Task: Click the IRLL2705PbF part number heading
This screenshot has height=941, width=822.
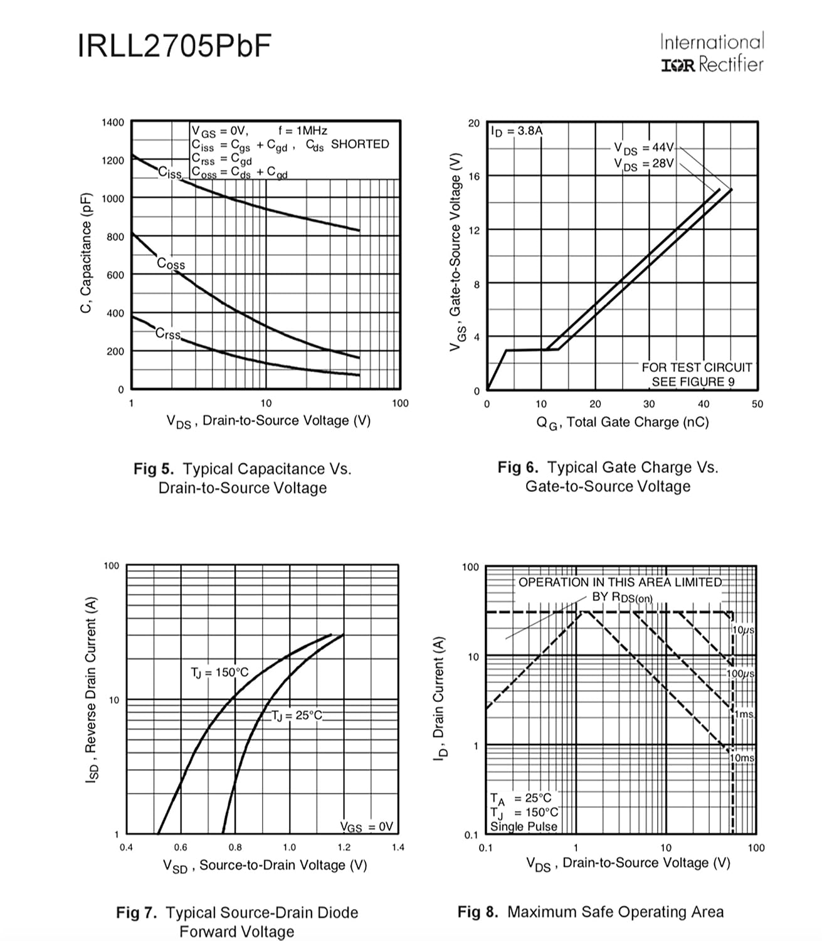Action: pos(175,46)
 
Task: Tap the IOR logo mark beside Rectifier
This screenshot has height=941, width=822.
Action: pos(678,65)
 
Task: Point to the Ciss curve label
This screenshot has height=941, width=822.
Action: pos(170,173)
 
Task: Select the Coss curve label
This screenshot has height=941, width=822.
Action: pos(171,263)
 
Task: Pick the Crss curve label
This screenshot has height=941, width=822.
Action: pos(168,334)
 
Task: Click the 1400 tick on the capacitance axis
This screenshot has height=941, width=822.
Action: pos(113,122)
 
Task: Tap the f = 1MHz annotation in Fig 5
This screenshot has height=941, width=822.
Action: pos(303,130)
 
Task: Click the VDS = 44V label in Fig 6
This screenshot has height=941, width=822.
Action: pos(644,148)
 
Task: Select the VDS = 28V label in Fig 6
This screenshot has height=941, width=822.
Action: pos(644,164)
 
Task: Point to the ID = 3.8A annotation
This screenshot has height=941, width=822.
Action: pos(517,132)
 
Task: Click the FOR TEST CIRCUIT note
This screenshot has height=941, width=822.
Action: pos(697,368)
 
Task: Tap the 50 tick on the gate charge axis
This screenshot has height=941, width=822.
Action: pos(757,404)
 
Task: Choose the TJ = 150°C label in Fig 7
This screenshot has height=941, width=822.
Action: pos(219,673)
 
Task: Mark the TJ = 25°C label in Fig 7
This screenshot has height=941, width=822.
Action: pos(297,716)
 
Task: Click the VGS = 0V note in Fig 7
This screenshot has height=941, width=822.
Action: pos(366,827)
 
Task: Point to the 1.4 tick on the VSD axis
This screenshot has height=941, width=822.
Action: pos(398,847)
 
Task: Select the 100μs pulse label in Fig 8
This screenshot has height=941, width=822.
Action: pos(740,674)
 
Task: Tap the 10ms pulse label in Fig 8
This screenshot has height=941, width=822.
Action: pos(742,757)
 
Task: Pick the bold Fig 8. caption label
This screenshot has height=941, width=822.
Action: pos(478,912)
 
